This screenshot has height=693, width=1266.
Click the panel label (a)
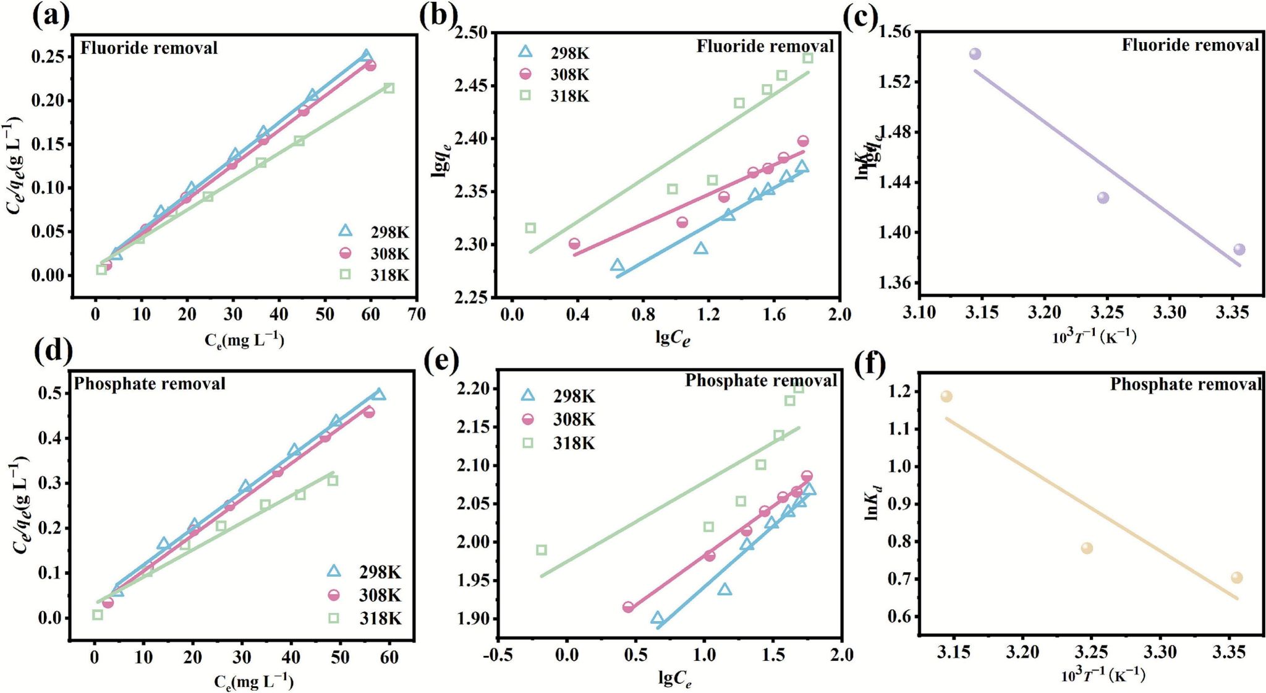coord(51,16)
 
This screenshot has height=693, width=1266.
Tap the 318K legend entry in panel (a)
coord(373,275)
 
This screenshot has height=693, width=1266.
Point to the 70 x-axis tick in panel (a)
coord(417,314)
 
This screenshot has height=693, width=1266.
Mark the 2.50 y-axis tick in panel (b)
coord(472,32)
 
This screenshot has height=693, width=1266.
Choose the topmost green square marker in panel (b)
coord(807,58)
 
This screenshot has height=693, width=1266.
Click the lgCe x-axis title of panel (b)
coord(673,338)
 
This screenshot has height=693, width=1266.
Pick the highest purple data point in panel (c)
coord(975,54)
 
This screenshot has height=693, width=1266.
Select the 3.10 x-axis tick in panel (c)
coord(919,313)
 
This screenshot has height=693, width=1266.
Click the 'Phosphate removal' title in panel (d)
coord(150,384)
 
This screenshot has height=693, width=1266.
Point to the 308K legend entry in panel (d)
coord(364,595)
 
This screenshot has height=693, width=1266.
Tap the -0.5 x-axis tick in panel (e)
coord(498,655)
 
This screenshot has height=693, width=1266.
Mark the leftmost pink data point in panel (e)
coord(628,607)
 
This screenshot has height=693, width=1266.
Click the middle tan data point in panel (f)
coord(1087,548)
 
